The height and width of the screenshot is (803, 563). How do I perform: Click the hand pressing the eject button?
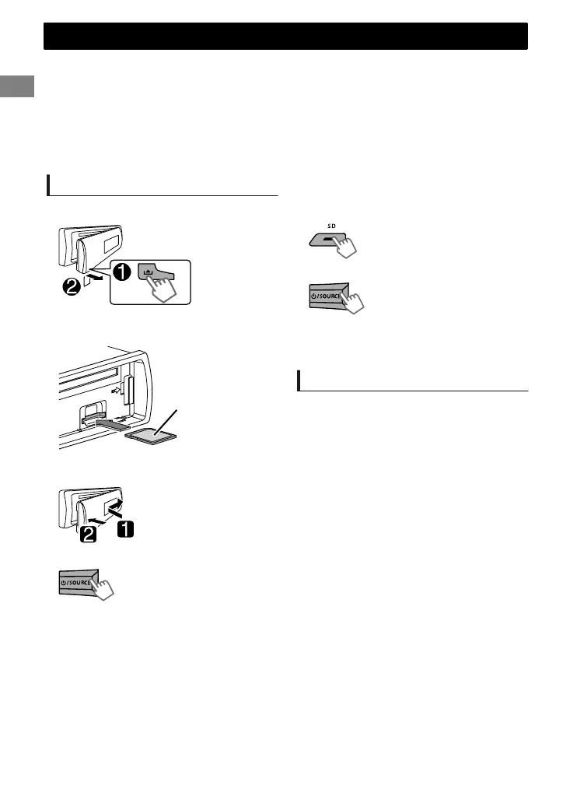166,290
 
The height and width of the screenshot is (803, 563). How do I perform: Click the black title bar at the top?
285,36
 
